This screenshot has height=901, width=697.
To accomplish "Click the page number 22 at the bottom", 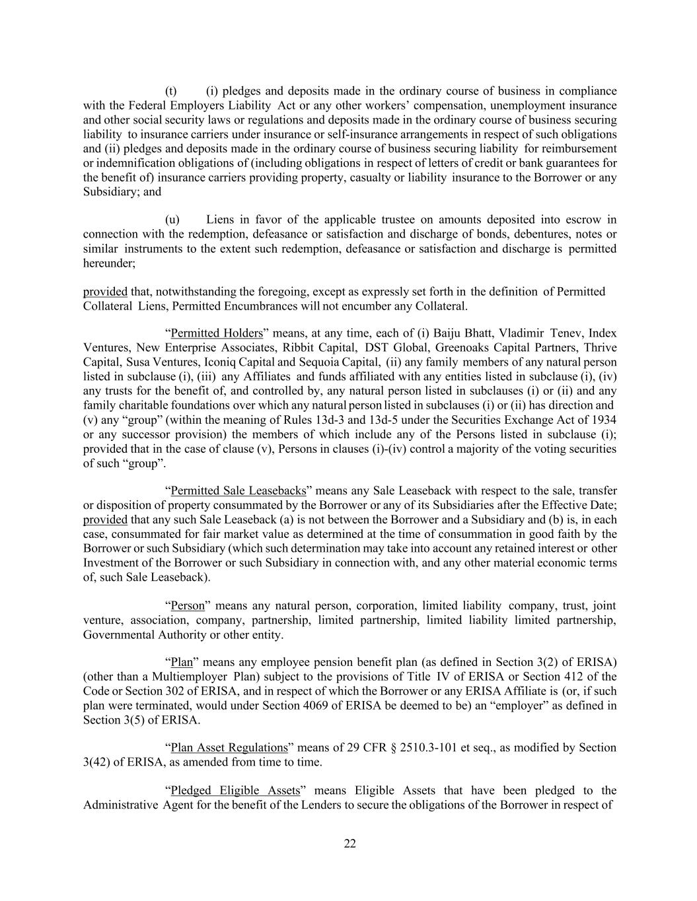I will pyautogui.click(x=350, y=844).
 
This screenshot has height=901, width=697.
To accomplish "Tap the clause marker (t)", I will pyautogui.click(x=170, y=91).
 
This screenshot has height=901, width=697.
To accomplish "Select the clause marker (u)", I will pyautogui.click(x=171, y=220).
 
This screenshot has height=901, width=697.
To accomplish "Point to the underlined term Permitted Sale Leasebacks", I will pyautogui.click(x=238, y=491).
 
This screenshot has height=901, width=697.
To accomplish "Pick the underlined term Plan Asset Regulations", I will pyautogui.click(x=229, y=748).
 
